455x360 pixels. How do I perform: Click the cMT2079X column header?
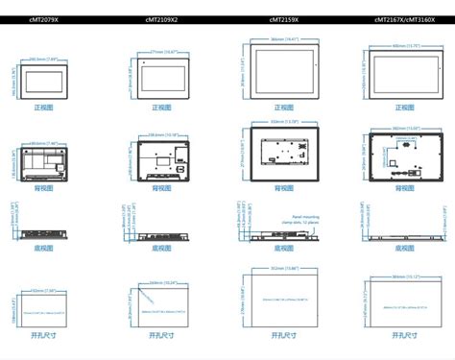tap(41, 19)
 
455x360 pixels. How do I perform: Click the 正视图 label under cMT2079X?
tap(41, 108)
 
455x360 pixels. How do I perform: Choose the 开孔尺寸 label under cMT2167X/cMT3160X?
tap(403, 335)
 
